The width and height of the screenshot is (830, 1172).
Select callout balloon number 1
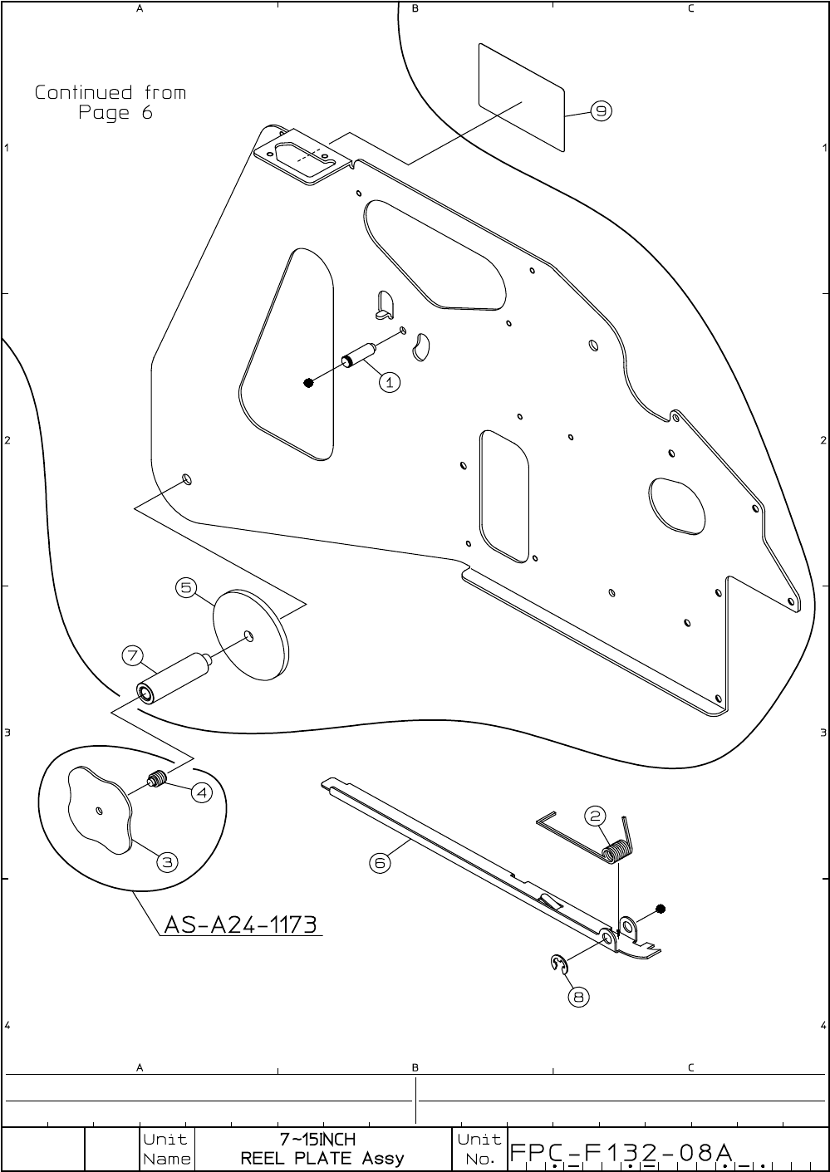(390, 382)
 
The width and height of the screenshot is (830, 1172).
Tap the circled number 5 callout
(186, 588)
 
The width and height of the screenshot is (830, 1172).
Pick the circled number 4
(202, 793)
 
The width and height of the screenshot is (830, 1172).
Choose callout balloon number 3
(168, 862)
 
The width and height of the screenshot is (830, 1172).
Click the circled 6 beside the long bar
(380, 863)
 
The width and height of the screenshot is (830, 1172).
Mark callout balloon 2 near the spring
(596, 816)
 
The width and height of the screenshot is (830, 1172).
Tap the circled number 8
(579, 996)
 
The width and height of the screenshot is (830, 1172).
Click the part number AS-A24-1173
(241, 924)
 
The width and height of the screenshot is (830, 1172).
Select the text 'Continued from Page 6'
(111, 102)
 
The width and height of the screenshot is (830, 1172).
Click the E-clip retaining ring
(558, 964)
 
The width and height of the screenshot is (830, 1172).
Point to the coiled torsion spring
(615, 852)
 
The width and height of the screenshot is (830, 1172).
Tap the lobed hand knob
(100, 810)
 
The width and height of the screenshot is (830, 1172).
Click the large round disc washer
(251, 635)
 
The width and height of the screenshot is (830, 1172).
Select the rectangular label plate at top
(522, 97)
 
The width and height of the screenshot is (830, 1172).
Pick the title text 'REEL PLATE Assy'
(322, 1158)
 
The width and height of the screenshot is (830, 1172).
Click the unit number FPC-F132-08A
(621, 1153)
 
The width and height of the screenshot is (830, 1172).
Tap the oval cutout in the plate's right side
(676, 505)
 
